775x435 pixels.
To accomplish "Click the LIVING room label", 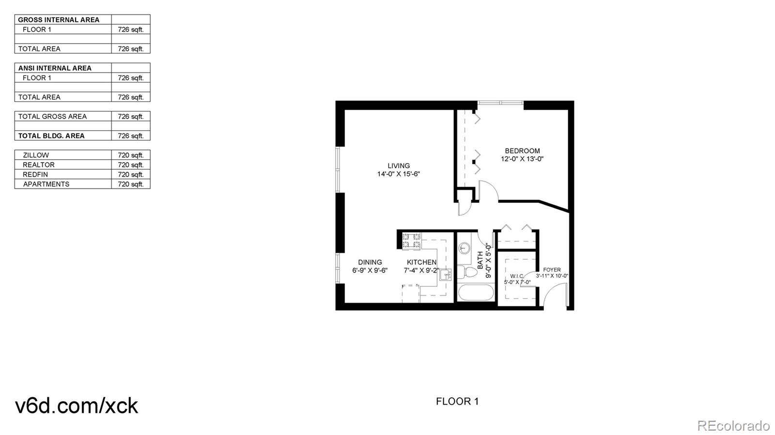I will [399, 166].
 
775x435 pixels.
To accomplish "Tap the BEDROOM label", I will [522, 151].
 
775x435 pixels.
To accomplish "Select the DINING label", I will [370, 262].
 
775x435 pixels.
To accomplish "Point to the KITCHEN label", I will [421, 262].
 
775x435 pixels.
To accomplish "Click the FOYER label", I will [552, 270].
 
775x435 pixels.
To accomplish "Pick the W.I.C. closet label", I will [517, 276].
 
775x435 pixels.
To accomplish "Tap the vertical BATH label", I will [480, 260].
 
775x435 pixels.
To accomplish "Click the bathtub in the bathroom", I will [476, 293].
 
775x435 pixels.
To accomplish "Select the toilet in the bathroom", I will [467, 272].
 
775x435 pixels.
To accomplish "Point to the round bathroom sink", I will [464, 249].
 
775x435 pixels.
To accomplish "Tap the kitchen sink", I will [445, 274].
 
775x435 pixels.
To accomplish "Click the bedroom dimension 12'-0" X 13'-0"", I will [522, 159].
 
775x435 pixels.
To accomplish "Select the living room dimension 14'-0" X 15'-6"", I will [399, 174].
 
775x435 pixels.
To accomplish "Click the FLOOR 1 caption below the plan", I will [457, 401].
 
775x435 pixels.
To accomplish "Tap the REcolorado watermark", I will [733, 426].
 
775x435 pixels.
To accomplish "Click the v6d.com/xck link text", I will [77, 405].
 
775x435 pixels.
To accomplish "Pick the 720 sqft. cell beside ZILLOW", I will [131, 155].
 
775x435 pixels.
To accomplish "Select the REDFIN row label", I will [35, 175].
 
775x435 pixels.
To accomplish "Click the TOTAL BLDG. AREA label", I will [51, 136].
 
